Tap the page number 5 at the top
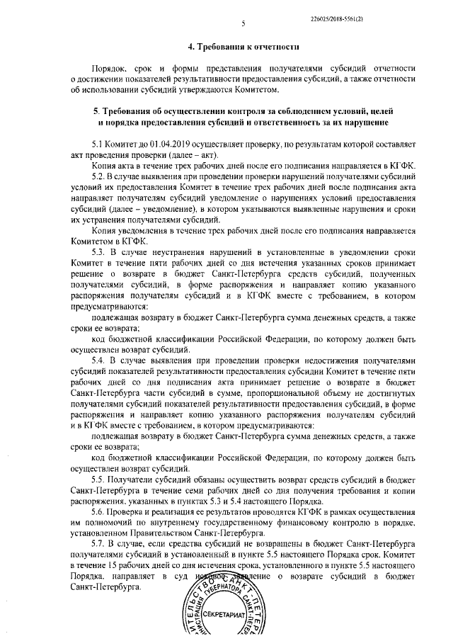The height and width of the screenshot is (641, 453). (x=243, y=23)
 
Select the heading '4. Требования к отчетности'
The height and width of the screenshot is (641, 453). (x=242, y=47)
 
